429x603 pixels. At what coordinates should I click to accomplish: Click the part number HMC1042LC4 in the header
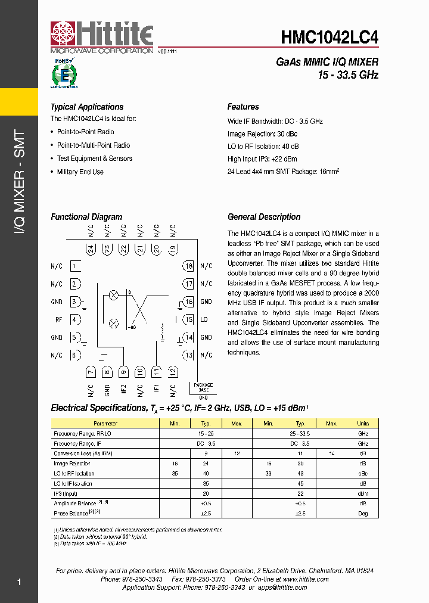(329, 37)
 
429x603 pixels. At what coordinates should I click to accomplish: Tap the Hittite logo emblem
(64, 35)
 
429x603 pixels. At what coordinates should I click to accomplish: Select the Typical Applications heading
(87, 107)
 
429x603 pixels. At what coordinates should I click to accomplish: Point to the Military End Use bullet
(80, 172)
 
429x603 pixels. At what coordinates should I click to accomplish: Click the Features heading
(243, 107)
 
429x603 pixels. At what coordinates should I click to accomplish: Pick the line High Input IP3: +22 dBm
(262, 159)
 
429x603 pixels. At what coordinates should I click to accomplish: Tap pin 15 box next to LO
(189, 319)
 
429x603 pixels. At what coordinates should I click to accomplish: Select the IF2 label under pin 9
(123, 390)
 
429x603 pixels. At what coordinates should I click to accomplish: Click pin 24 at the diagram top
(91, 249)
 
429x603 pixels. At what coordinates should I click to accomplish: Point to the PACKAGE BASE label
(203, 388)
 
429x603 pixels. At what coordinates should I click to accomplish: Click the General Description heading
(264, 217)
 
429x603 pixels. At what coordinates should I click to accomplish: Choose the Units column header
(363, 424)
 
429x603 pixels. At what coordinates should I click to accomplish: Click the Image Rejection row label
(72, 464)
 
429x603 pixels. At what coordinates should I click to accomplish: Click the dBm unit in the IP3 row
(363, 494)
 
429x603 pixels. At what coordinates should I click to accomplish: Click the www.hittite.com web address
(306, 579)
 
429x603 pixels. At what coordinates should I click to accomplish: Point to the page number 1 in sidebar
(19, 582)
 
